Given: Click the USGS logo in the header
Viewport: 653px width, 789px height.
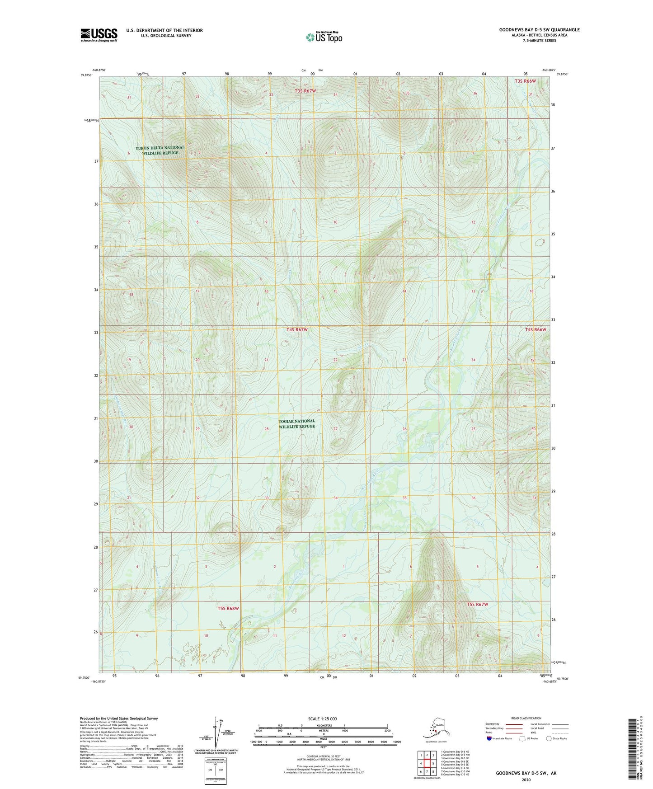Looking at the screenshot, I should click(x=99, y=35).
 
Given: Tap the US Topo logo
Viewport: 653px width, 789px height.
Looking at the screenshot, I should click(x=324, y=37).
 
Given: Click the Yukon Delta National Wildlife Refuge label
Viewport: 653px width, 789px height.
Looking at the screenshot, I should click(x=160, y=150).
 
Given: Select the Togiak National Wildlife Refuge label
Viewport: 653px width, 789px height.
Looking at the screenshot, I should click(x=296, y=423).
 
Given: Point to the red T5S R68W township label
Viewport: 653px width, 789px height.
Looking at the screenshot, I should click(x=228, y=608).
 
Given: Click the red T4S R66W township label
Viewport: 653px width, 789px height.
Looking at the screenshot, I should click(x=536, y=329).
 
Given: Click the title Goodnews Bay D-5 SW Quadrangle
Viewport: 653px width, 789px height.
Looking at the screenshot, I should click(x=539, y=30).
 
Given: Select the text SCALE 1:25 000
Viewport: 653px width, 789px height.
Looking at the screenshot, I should click(x=323, y=719).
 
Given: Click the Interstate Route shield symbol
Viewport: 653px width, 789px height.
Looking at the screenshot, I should click(x=489, y=738).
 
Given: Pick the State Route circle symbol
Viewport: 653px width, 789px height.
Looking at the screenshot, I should click(x=549, y=738).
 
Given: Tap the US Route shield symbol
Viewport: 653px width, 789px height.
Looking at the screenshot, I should click(x=522, y=738).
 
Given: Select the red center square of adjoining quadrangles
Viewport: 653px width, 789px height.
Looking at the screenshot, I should click(x=427, y=764).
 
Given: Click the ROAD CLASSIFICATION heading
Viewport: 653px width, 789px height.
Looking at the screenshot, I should click(x=526, y=718).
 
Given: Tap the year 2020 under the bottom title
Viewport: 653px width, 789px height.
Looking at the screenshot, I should click(x=526, y=780).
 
